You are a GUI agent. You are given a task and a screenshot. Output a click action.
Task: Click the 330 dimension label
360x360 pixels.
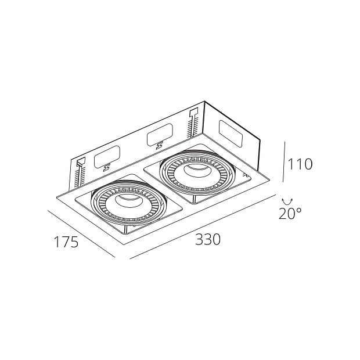[x=208, y=239]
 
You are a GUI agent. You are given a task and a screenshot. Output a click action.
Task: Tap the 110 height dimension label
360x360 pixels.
[x=300, y=164]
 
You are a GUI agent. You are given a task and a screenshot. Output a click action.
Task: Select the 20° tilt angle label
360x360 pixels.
[x=290, y=213]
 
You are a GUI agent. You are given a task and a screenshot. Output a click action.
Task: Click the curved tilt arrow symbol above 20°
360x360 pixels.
[x=287, y=202]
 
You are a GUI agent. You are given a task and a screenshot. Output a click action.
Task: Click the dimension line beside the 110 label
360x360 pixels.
[x=284, y=162]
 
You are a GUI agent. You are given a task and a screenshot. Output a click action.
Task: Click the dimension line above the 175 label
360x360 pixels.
[x=81, y=234]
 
